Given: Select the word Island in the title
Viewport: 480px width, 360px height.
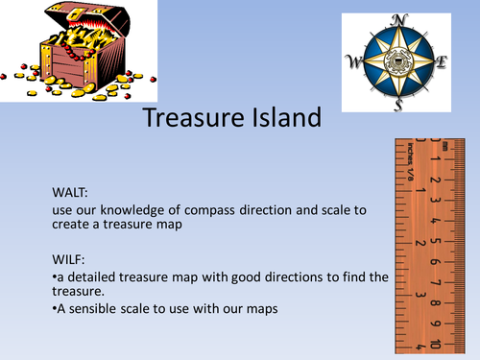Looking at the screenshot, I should pyautogui.click(x=281, y=119).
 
